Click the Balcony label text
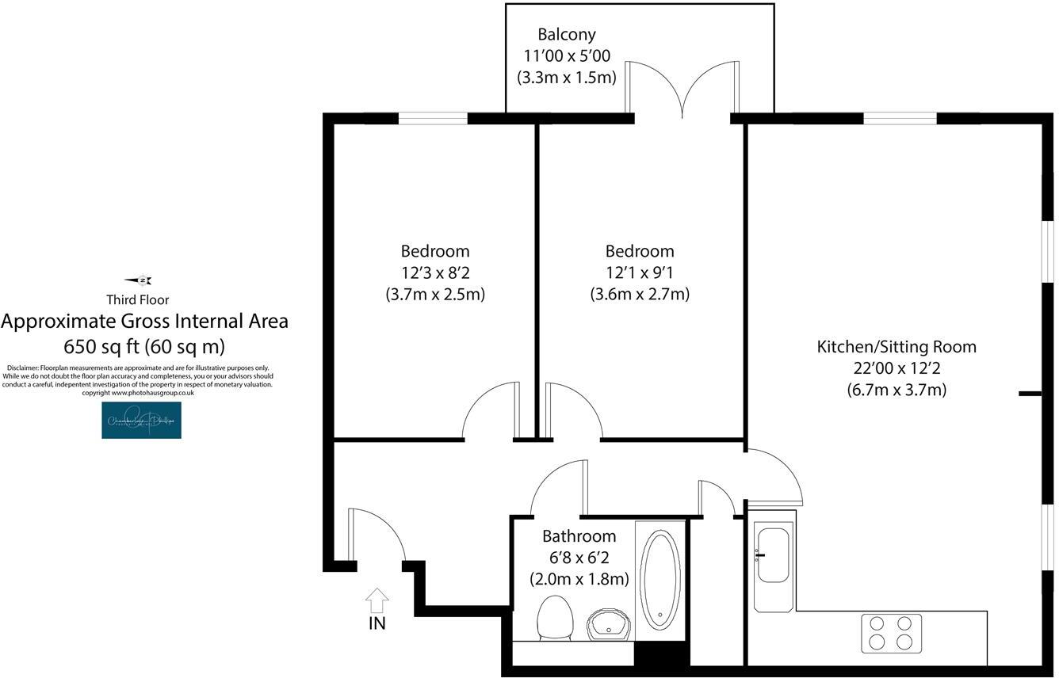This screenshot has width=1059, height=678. pos(566,35)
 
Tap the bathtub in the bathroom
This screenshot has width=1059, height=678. pos(661,578)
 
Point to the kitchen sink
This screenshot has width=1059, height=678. pos(773,554)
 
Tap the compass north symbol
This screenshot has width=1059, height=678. pos(139,280)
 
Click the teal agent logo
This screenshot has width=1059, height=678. pos(141,420)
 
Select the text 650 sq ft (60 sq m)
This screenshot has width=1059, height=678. pos(143,346)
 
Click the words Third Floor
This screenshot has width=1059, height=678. pos(137,299)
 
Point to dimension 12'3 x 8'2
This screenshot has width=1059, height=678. pos(435,272)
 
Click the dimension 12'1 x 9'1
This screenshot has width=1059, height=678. pos(640,272)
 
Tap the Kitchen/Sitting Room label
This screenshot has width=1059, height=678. pos(897,347)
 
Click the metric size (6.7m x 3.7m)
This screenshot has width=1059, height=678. pos(897,390)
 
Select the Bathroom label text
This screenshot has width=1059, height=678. pos(579,536)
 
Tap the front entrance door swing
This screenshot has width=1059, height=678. pos(377,535)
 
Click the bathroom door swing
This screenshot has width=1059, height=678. pos(558,488)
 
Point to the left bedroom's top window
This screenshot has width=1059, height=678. pos(433,119)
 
